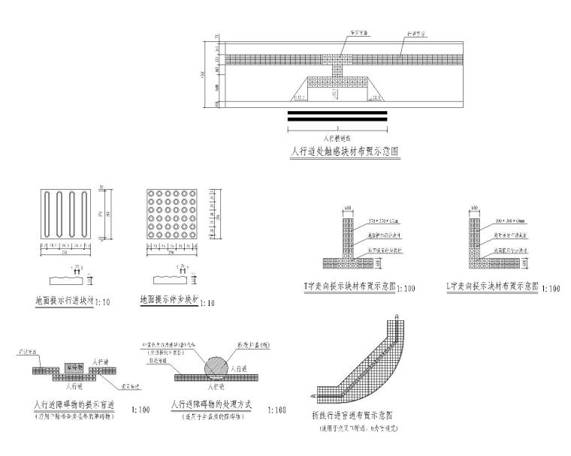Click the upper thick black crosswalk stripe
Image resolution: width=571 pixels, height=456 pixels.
(337, 112)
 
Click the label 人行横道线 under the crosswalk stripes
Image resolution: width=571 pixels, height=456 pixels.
(337, 139)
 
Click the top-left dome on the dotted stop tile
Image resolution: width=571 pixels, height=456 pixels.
(153, 193)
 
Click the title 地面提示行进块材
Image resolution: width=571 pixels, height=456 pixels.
(65, 301)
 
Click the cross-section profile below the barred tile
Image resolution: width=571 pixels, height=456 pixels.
(70, 279)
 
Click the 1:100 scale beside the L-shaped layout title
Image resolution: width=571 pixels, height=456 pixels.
(551, 288)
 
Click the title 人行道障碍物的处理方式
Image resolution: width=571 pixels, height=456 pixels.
(211, 405)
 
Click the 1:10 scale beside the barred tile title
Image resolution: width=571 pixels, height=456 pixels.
(104, 304)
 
